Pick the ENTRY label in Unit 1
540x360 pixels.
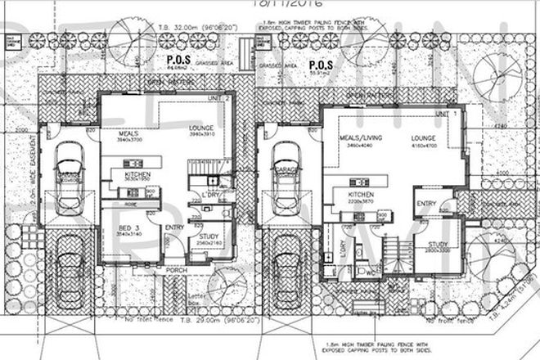coord(425,203)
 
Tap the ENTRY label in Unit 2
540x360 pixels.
coord(174,227)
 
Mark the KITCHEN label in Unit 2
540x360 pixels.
coord(136,174)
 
